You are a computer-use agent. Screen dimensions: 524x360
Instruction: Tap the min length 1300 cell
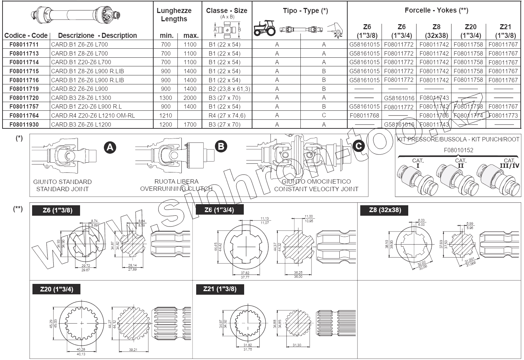(x=166, y=98)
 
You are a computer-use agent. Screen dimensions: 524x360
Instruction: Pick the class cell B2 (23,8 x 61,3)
(x=229, y=89)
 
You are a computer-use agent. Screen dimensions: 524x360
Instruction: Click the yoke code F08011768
(x=364, y=115)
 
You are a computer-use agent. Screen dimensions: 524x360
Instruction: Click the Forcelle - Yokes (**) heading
(x=436, y=10)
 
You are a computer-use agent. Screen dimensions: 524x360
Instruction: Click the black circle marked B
(x=221, y=146)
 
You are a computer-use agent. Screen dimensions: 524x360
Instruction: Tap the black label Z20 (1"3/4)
(x=56, y=289)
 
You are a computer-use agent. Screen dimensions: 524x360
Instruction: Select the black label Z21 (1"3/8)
(x=220, y=289)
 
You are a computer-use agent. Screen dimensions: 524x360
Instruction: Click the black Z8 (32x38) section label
(x=385, y=210)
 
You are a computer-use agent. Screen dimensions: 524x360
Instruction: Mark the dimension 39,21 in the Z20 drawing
(x=133, y=350)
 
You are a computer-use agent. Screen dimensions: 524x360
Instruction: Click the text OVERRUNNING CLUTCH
(x=176, y=189)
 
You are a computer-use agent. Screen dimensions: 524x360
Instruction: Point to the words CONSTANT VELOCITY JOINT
(x=316, y=189)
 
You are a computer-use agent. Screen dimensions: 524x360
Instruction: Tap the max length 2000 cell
(x=190, y=98)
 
